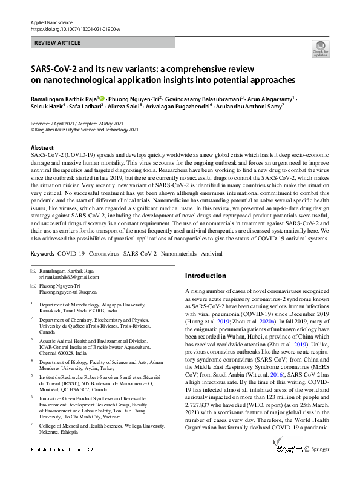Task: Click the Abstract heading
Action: point(42,148)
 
